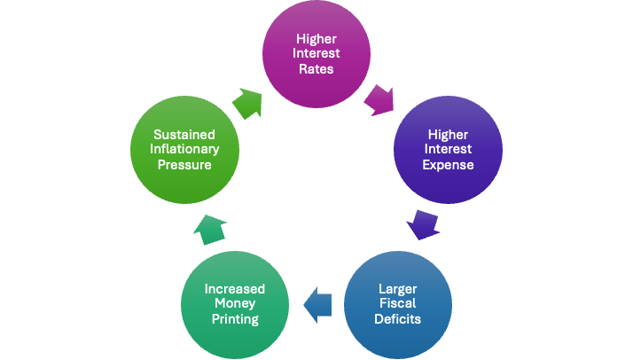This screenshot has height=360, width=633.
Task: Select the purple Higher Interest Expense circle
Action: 448,149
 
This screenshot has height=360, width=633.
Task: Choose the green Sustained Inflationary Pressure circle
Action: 184,149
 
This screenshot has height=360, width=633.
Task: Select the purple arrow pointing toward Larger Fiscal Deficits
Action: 423,223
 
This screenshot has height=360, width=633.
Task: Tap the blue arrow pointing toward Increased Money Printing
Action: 316,306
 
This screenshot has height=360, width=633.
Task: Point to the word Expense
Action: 448,165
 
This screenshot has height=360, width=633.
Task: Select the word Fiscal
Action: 399,304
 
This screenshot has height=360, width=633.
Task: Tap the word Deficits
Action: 399,320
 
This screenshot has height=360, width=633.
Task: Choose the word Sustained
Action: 184,133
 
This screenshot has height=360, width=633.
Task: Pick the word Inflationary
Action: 184,149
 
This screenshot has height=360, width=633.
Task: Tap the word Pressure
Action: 184,165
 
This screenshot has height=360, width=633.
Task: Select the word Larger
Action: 399,288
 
